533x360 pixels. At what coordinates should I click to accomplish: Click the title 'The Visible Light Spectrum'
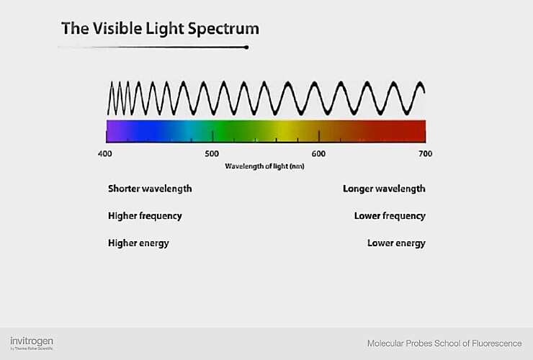tap(160, 29)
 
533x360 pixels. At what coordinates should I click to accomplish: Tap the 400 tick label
tap(104, 153)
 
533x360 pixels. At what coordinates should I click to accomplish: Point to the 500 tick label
tap(212, 153)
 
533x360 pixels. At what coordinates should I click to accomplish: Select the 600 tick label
tap(318, 153)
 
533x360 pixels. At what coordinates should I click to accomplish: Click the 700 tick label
tap(425, 153)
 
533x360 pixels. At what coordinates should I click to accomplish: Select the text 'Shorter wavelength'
tap(150, 189)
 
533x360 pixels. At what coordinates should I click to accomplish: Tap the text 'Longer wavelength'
tap(384, 189)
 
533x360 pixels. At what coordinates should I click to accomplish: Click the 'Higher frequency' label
tap(145, 216)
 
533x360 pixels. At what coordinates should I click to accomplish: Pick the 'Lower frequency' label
tap(390, 216)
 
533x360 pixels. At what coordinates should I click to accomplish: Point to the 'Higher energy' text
tap(138, 243)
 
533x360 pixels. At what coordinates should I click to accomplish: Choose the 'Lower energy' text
tap(396, 243)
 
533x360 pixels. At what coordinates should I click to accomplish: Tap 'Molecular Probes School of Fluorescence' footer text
tap(444, 343)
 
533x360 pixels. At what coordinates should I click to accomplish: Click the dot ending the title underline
tap(247, 48)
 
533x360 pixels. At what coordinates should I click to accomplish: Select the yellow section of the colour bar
tap(285, 131)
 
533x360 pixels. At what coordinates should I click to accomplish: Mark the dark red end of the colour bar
tap(419, 131)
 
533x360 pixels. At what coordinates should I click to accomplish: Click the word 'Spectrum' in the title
tap(225, 29)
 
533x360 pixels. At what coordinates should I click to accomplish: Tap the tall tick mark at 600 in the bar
tap(319, 135)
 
